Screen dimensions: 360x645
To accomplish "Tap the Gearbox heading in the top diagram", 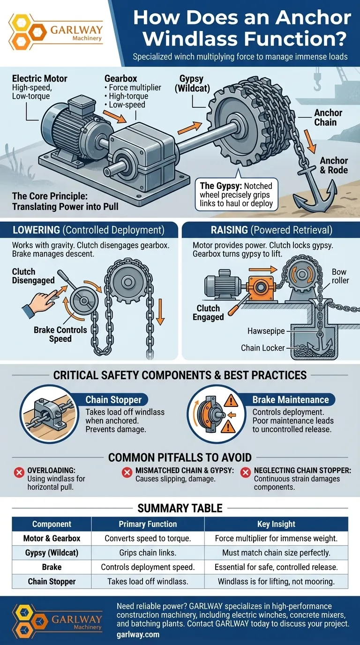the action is [120, 78].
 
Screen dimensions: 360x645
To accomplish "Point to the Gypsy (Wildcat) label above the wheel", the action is [192, 83].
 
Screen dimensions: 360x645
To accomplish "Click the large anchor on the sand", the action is [315, 190].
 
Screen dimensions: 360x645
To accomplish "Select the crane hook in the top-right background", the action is [317, 82].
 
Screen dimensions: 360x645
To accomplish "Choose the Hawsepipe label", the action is [266, 331].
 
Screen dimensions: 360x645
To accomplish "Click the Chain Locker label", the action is [262, 348].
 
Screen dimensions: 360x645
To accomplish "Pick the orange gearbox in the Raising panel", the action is [260, 288].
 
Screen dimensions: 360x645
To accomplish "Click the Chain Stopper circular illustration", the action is [49, 414].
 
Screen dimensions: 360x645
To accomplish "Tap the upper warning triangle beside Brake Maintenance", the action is [231, 400].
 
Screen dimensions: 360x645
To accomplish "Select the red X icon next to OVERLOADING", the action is [19, 472].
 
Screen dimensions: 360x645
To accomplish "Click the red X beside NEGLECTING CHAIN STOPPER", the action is [245, 472].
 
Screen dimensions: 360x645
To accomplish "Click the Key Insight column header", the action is [276, 524].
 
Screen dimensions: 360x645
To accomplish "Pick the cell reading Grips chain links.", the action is [148, 553].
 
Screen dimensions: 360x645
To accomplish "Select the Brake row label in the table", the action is [52, 567].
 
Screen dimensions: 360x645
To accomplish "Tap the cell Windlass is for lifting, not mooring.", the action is [276, 581].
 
